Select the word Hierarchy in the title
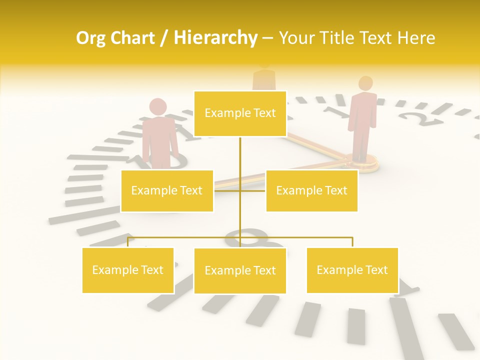pos(215,38)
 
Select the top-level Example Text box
pos(240,113)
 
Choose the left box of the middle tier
pos(167,190)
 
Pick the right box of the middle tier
pos(311,190)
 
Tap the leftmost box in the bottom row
pos(128,270)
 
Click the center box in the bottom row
pos(240,270)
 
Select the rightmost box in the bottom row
pos(352,270)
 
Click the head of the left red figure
pos(158,106)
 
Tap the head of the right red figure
pos(366,83)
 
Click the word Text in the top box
pos(264,113)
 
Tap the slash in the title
pos(164,38)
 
